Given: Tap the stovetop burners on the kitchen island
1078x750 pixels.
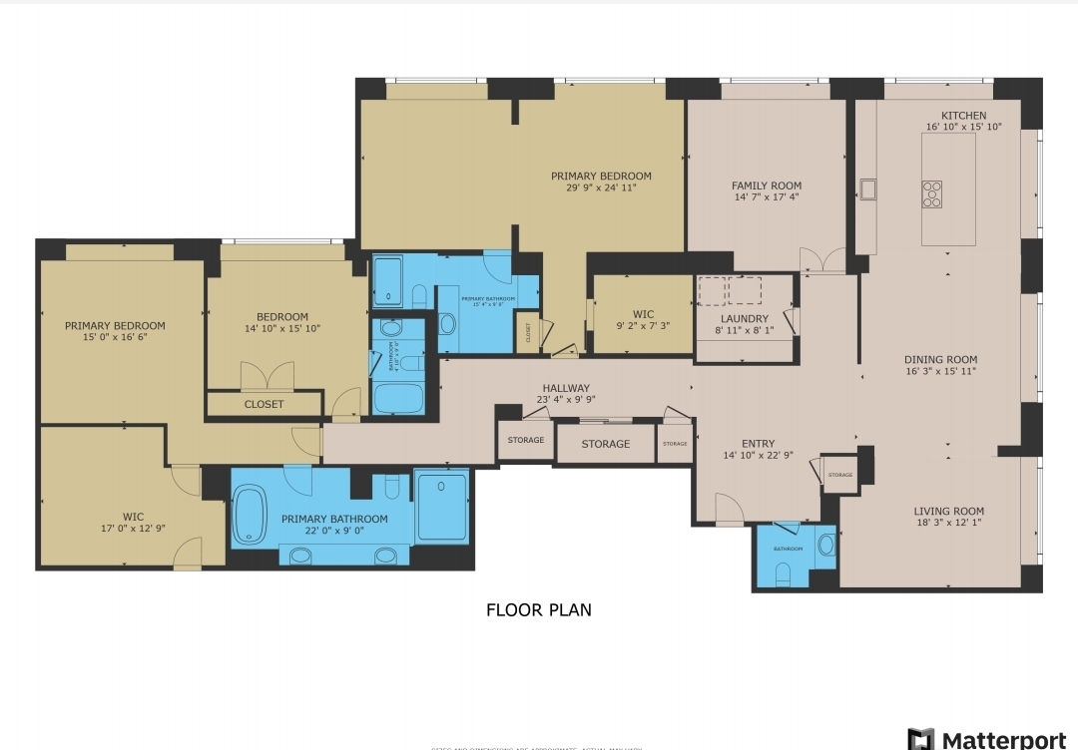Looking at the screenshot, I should pos(931,193).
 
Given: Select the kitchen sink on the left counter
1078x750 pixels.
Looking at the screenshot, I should pos(868,189).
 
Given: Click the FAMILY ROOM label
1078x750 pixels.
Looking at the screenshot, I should pos(766,186).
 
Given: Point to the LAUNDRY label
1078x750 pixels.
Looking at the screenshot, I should pos(744,319).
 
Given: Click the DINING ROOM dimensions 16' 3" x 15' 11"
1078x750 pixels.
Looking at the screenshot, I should pos(940,371).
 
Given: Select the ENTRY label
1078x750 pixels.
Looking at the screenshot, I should pos(758,444).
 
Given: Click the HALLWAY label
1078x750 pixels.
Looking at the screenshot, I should pos(566,388).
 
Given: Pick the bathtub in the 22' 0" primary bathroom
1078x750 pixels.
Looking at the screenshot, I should pos(250,517).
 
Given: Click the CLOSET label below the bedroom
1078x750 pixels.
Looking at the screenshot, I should pos(264,404).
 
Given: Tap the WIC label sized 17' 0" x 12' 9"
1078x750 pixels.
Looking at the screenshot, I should pos(133,517).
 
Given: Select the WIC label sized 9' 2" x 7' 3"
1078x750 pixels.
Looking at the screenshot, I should pos(643,315).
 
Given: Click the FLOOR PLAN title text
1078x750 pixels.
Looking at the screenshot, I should pos(538,609).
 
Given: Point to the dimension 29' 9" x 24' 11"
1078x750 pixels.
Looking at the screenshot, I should pos(601,187).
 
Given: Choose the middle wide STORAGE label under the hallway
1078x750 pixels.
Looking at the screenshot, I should pos(605,444).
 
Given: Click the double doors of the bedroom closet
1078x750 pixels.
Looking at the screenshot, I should pos(268,377).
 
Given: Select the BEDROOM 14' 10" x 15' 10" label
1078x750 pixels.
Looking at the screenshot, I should pos(281,317).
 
